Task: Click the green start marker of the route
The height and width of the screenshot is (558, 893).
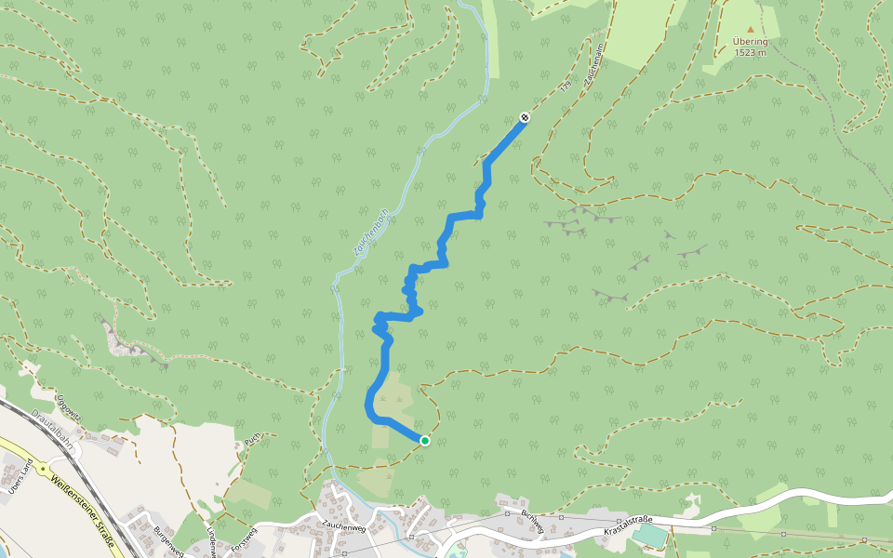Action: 424,440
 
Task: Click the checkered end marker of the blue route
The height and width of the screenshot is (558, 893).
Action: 525,117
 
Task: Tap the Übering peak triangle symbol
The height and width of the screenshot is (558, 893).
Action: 751,29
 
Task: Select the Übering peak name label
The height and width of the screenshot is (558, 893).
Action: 751,41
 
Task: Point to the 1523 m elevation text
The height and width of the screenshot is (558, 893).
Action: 751,52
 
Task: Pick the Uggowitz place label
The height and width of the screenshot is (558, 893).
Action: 69,407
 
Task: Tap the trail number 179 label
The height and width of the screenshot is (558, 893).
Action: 565,86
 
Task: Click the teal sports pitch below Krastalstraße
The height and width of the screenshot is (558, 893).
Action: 654,537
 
